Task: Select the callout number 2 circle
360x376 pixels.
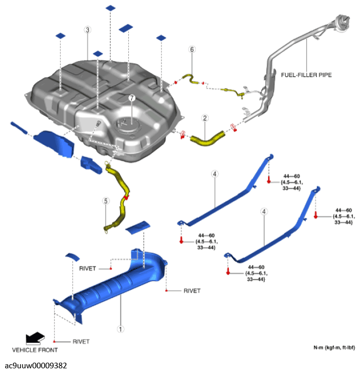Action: pyautogui.click(x=205, y=118)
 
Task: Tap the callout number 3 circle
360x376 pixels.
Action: pyautogui.click(x=88, y=30)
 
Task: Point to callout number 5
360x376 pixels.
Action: pyautogui.click(x=106, y=201)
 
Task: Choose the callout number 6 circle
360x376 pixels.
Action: pyautogui.click(x=192, y=50)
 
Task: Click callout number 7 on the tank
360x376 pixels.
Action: pyautogui.click(x=131, y=98)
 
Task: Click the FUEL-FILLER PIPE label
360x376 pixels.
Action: pyautogui.click(x=306, y=75)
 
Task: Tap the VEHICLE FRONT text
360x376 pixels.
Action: pyautogui.click(x=35, y=350)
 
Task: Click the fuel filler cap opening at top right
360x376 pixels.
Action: pyautogui.click(x=342, y=21)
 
